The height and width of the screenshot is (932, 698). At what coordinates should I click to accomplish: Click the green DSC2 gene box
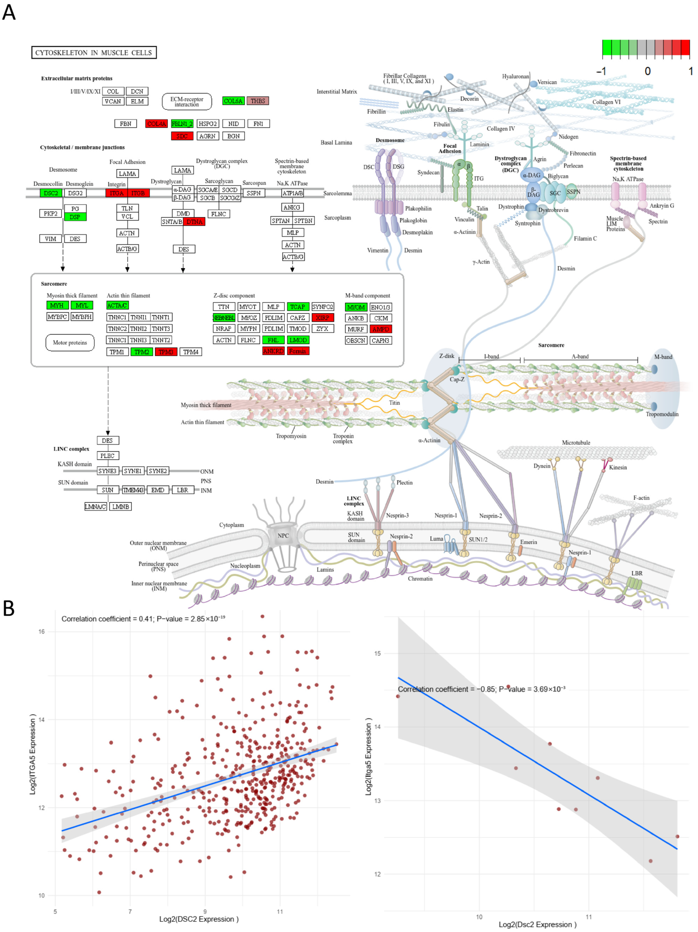(x=51, y=193)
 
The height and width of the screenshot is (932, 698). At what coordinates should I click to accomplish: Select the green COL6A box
(x=233, y=101)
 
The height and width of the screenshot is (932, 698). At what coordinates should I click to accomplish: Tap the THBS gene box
(x=258, y=101)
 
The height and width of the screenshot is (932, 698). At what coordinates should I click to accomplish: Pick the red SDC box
(x=182, y=136)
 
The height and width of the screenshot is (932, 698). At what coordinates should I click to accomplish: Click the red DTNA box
(x=194, y=222)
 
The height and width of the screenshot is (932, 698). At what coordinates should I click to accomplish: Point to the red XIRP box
(x=323, y=318)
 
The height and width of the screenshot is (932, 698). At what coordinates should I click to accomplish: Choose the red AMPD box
(x=381, y=329)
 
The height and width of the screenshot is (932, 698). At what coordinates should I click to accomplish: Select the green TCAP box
(x=298, y=307)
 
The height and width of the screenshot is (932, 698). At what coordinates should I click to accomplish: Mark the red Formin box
(x=298, y=351)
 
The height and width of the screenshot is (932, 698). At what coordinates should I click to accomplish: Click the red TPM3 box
(x=166, y=352)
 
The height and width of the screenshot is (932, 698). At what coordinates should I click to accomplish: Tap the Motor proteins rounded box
(x=70, y=342)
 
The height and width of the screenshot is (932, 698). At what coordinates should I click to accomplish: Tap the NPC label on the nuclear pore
(x=283, y=536)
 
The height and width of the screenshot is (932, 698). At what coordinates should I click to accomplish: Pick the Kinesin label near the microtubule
(x=618, y=467)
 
